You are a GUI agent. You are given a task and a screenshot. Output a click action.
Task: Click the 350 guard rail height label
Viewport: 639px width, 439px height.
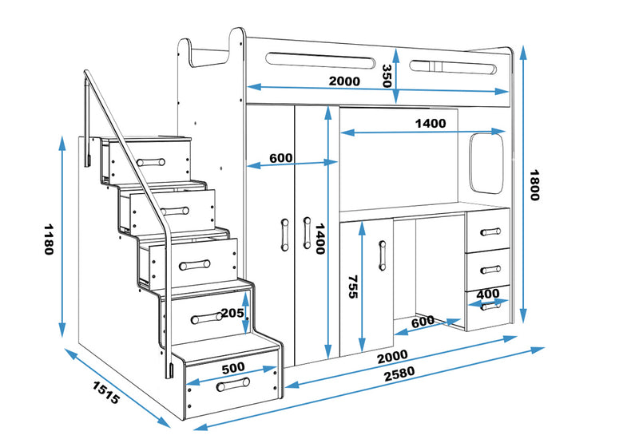tap(386, 76)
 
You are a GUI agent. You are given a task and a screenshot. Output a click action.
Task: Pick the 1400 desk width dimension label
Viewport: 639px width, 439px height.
tap(430, 124)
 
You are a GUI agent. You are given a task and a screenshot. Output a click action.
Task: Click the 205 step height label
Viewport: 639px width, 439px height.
tap(233, 313)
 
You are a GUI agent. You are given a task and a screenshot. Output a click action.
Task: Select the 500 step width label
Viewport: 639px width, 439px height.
tap(234, 368)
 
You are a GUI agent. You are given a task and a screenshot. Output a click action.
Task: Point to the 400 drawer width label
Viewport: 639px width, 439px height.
tap(487, 294)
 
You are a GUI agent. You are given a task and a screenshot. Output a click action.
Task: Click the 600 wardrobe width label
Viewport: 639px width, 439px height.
tap(280, 158)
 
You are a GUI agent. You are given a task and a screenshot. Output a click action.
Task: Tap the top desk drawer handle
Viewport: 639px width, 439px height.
tap(490, 232)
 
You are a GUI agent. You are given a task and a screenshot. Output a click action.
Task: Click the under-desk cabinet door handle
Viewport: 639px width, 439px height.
tap(381, 253)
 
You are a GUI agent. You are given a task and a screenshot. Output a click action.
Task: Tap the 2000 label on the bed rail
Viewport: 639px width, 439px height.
tap(343, 81)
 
